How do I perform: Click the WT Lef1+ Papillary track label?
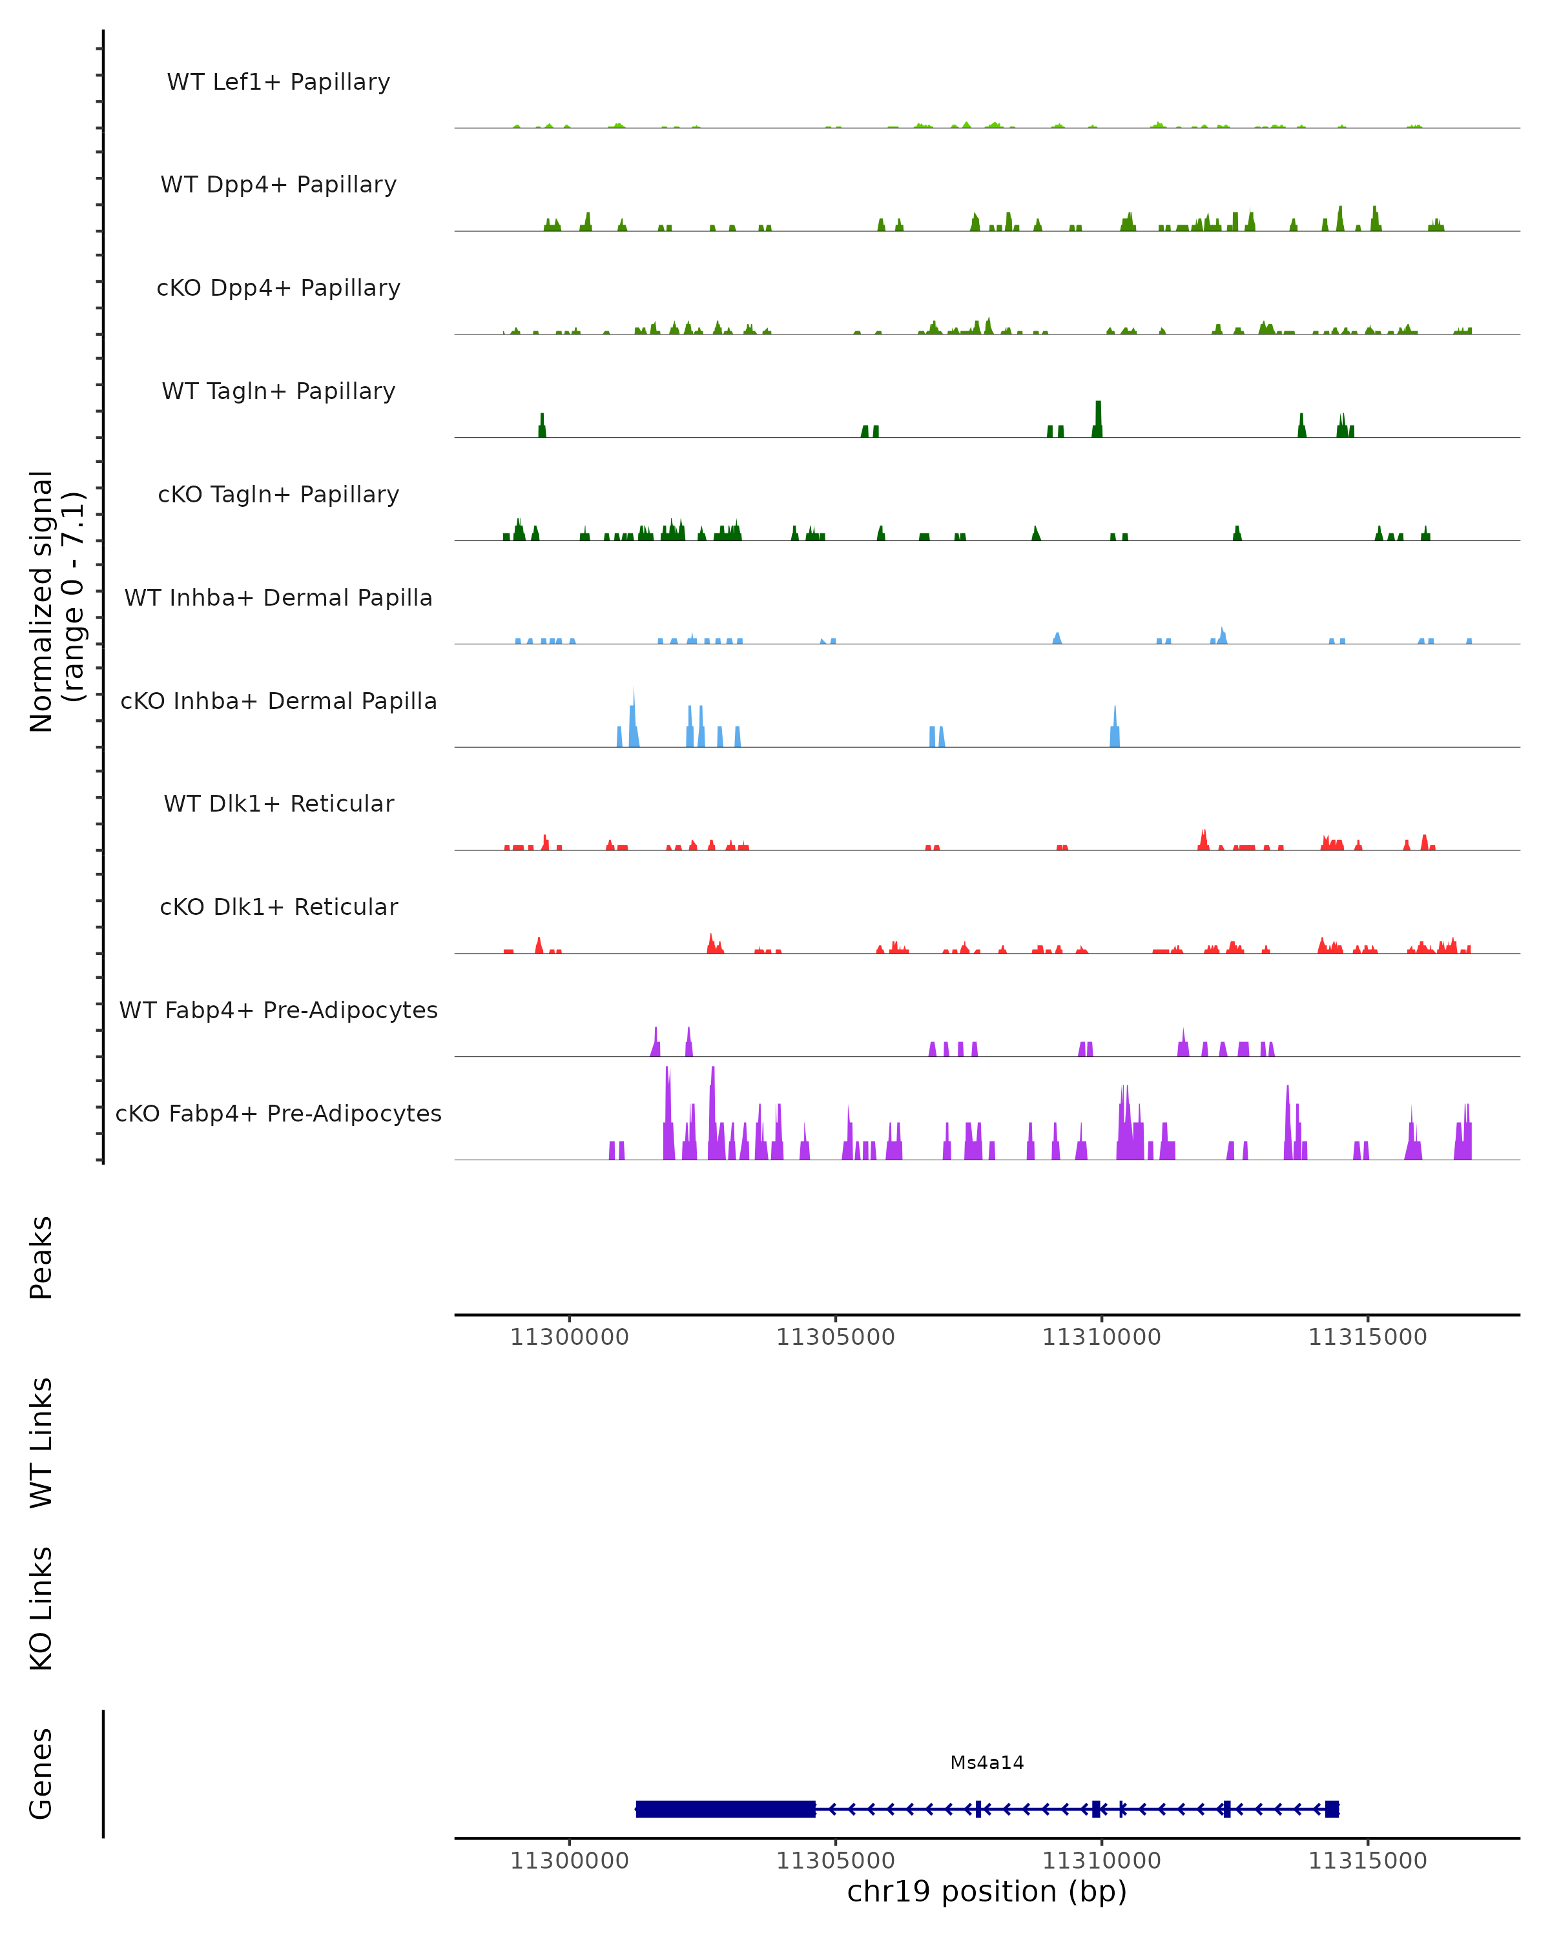(278, 82)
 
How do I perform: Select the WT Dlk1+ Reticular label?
(278, 803)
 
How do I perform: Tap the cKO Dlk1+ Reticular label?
(278, 907)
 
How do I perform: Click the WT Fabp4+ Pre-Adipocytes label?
(278, 1010)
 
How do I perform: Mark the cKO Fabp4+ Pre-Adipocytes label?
(278, 1113)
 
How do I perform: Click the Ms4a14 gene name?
(987, 1763)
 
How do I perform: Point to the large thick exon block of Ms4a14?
(725, 1809)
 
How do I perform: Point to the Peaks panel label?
(41, 1257)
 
